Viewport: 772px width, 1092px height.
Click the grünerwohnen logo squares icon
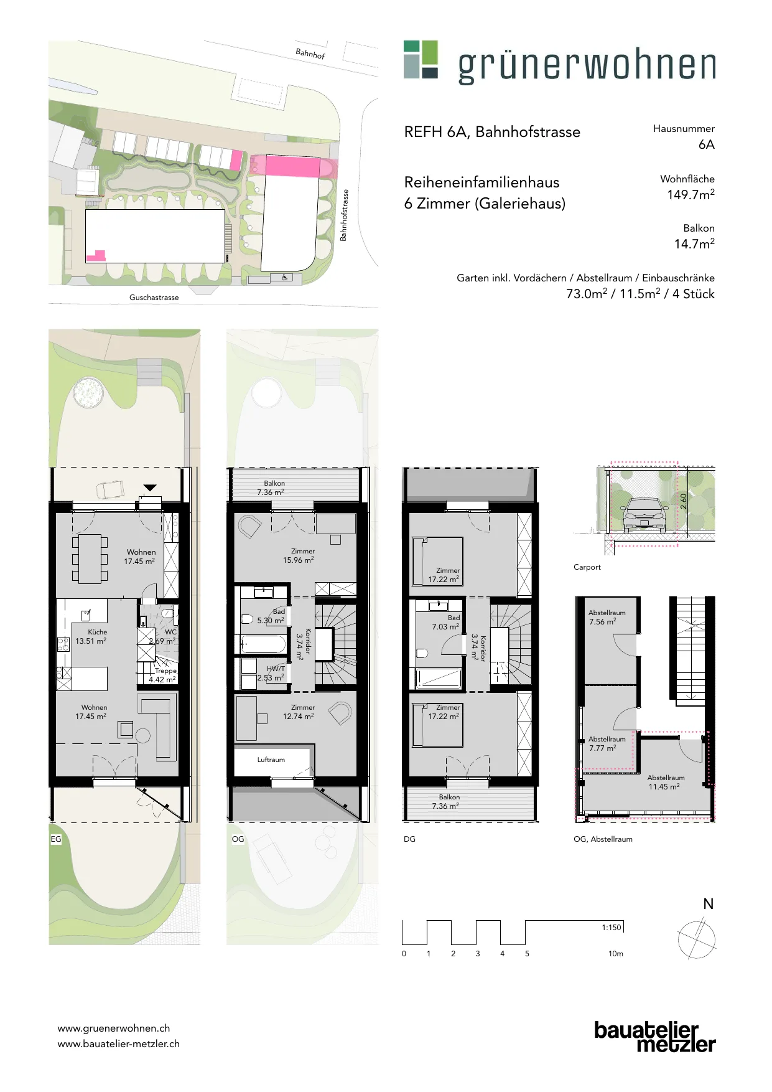click(x=421, y=59)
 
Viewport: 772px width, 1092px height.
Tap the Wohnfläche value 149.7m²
click(x=691, y=194)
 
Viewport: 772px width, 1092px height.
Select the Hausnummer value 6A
click(x=707, y=144)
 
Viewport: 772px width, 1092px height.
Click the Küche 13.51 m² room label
click(x=91, y=636)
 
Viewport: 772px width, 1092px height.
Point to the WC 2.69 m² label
click(x=163, y=636)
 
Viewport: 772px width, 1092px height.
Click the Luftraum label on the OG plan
click(x=271, y=760)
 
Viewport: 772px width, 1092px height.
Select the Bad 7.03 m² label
click(x=446, y=622)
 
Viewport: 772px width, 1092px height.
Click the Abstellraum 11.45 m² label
click(x=666, y=782)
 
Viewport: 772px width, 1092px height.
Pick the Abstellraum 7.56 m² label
click(x=607, y=617)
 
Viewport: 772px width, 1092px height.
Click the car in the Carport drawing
click(x=644, y=515)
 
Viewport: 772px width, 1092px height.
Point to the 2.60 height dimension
click(x=683, y=501)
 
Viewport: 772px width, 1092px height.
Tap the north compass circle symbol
click(x=696, y=940)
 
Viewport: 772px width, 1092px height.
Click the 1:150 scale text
click(x=611, y=927)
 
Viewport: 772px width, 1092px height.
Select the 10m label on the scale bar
click(x=615, y=953)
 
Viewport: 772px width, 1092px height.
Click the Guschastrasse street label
click(x=154, y=298)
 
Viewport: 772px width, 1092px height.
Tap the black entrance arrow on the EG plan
click(x=150, y=487)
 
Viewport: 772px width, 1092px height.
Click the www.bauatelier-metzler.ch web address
click(x=118, y=1044)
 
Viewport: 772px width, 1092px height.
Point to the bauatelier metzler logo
click(x=655, y=1037)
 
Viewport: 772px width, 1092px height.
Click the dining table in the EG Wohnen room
click(x=90, y=558)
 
